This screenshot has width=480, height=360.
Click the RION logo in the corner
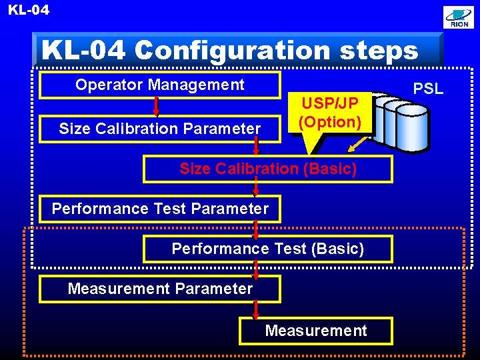click(x=459, y=17)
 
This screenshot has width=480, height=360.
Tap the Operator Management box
click(x=159, y=85)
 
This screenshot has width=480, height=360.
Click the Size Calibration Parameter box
click(x=159, y=129)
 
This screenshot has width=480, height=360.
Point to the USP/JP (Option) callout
click(x=329, y=113)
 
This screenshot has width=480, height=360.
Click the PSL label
click(x=428, y=89)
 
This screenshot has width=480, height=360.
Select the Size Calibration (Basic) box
click(x=268, y=169)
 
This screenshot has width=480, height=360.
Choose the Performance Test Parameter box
click(x=160, y=209)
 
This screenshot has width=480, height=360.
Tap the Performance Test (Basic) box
click(x=268, y=249)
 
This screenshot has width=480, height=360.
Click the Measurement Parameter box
click(x=160, y=289)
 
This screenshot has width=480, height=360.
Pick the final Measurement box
click(x=316, y=331)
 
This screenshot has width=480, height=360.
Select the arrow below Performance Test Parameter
click(x=256, y=229)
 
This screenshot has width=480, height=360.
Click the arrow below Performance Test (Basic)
click(x=256, y=269)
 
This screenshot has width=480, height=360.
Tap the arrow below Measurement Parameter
click(x=256, y=309)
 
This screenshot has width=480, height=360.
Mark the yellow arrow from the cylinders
click(x=361, y=145)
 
